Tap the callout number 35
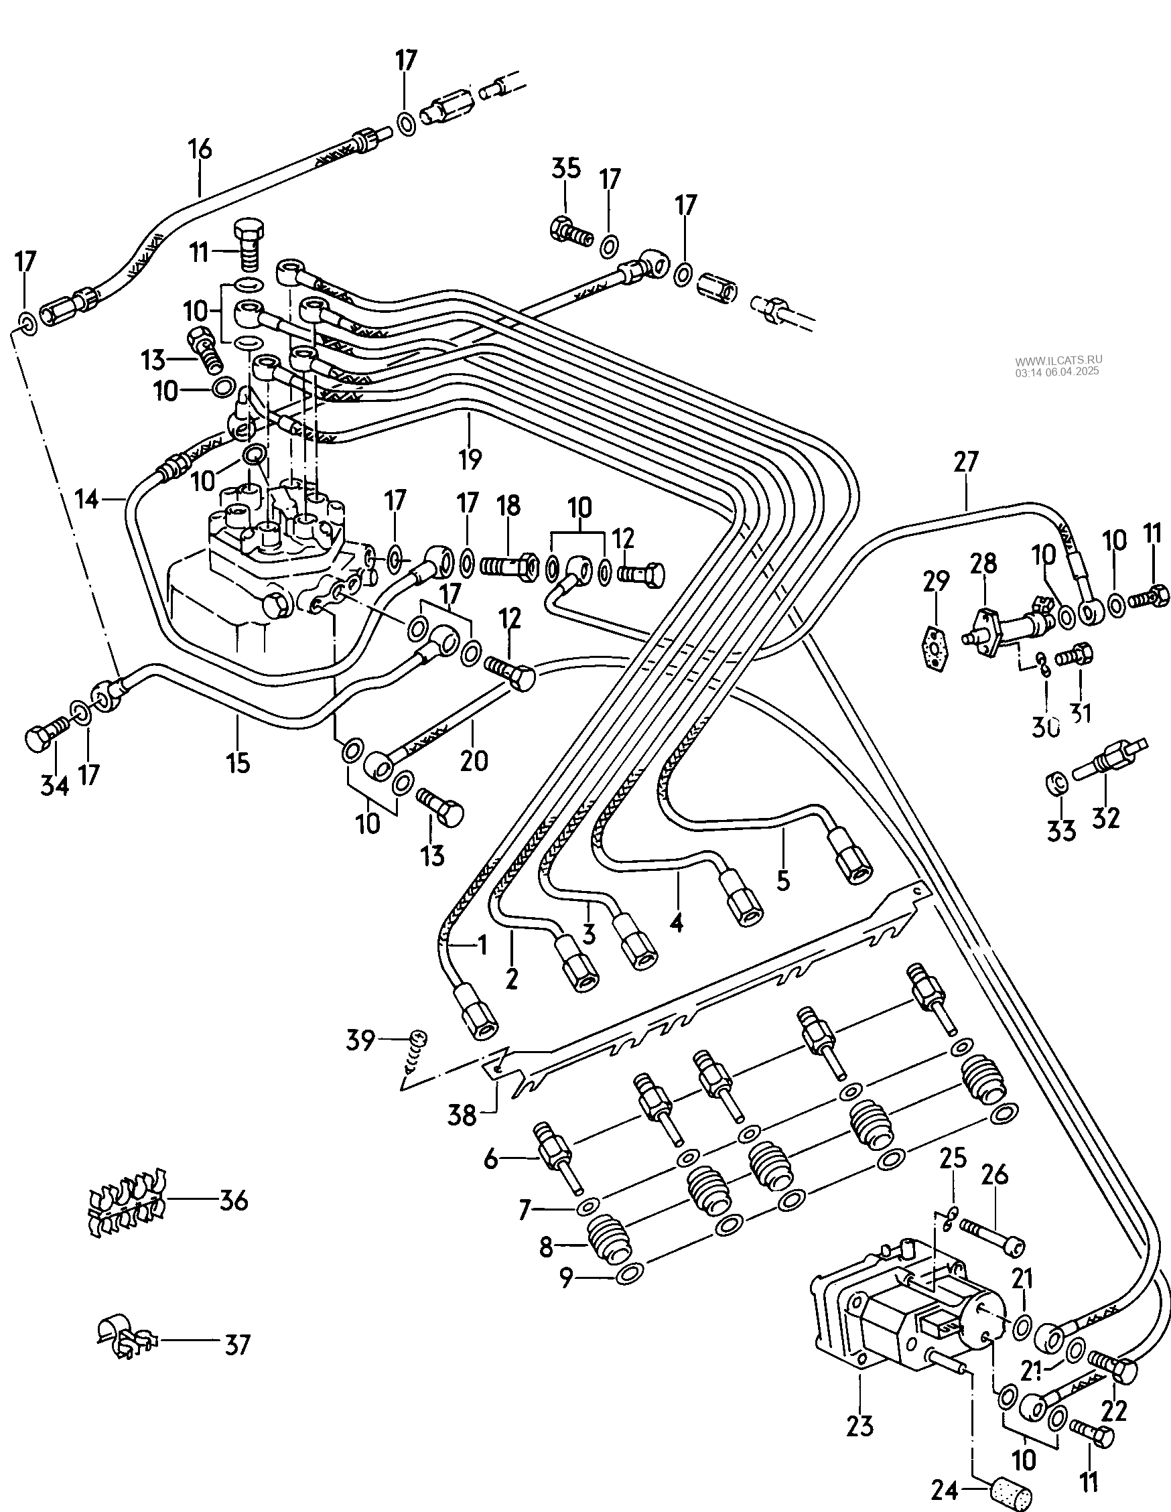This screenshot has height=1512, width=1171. [x=566, y=169]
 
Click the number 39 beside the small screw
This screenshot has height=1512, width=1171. [x=360, y=1060]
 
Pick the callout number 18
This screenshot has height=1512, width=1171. [x=508, y=505]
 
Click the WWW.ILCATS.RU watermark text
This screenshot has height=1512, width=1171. [x=1058, y=360]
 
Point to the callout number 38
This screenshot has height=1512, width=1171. [x=462, y=1115]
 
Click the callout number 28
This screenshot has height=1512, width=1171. [x=983, y=563]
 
